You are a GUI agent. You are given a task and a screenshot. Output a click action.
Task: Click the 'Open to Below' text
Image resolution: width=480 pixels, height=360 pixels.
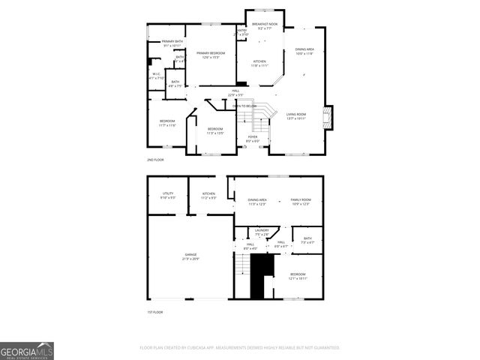[246, 106]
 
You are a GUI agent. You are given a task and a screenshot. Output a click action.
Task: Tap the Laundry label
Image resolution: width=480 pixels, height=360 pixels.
[262, 232]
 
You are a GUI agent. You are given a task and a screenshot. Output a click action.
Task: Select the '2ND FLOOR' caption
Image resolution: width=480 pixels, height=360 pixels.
[155, 160]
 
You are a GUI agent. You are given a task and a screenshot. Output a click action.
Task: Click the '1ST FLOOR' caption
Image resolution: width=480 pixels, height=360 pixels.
[154, 311]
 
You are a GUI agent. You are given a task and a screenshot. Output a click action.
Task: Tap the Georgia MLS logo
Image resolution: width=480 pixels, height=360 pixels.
[27, 351]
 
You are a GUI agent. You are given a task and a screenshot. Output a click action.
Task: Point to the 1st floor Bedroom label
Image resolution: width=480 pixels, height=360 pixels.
[298, 276]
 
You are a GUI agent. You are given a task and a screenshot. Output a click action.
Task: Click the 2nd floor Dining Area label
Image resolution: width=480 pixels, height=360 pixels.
[304, 51]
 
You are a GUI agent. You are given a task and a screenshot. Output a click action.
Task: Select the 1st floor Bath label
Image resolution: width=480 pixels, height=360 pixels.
[307, 241]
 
